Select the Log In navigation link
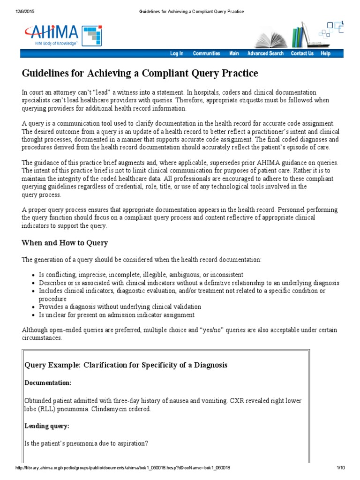[177, 53]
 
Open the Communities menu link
[206, 53]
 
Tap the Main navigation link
[234, 53]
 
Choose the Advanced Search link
[265, 53]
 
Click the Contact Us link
[302, 53]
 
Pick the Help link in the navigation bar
[325, 53]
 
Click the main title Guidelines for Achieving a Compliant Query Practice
[140, 74]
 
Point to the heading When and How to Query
[65, 243]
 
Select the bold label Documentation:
[48, 383]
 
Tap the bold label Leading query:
[47, 426]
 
